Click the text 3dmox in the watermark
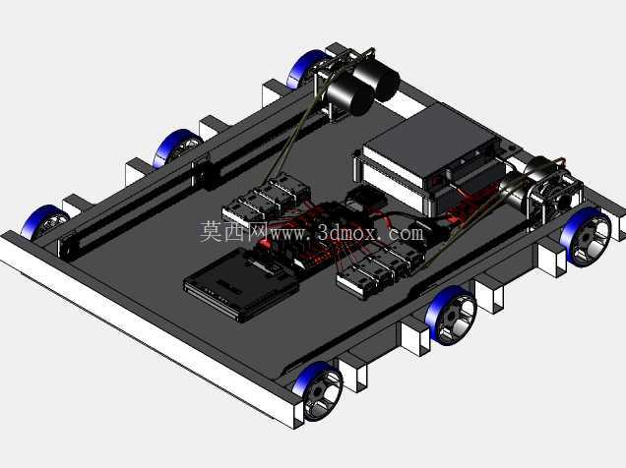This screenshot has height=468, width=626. (346, 232)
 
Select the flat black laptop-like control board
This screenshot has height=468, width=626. (241, 282)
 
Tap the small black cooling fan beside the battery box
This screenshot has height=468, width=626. (366, 199)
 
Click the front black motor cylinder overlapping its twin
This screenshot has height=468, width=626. (349, 94)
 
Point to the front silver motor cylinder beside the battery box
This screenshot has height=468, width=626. (516, 192)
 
